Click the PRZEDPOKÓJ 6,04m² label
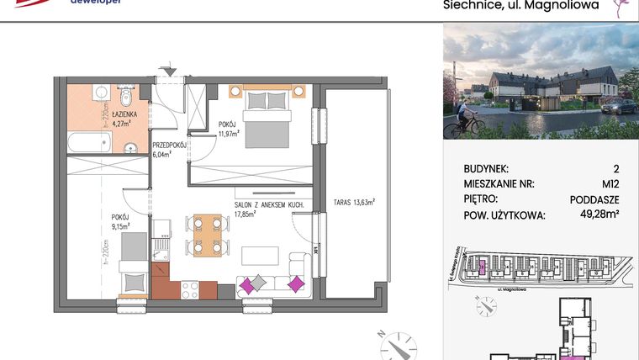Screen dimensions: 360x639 tap(168, 149)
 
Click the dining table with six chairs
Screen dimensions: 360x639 tap(207, 236)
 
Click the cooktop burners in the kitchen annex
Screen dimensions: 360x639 tap(189, 289)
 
